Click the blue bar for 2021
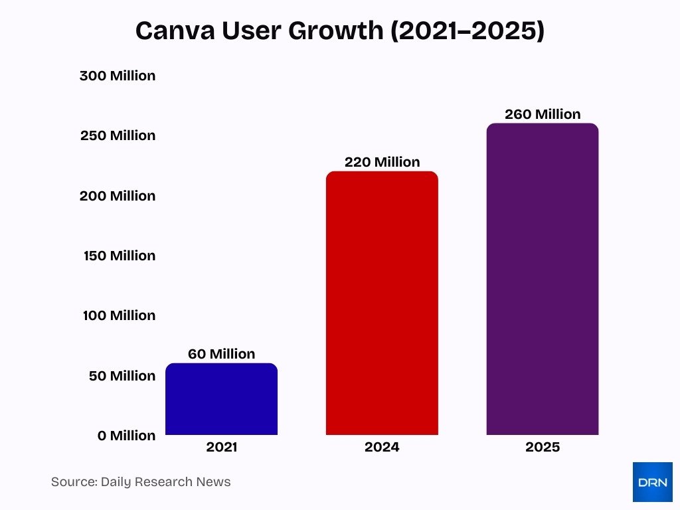pyautogui.click(x=221, y=399)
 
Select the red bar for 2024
pyautogui.click(x=382, y=303)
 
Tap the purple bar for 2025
pyautogui.click(x=543, y=280)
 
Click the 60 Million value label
pyautogui.click(x=221, y=354)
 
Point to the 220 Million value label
pyautogui.click(x=382, y=162)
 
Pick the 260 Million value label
pyautogui.click(x=543, y=114)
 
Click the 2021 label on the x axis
pyautogui.click(x=221, y=447)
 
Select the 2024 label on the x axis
pyautogui.click(x=382, y=447)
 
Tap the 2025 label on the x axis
pyautogui.click(x=543, y=447)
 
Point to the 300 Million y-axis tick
pyautogui.click(x=118, y=76)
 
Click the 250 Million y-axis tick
pyautogui.click(x=118, y=135)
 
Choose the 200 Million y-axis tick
pyautogui.click(x=118, y=196)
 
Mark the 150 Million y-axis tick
pyautogui.click(x=120, y=256)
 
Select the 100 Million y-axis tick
pyautogui.click(x=120, y=315)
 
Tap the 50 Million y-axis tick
pyautogui.click(x=122, y=376)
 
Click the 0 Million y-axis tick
pyautogui.click(x=126, y=436)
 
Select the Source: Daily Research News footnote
pyautogui.click(x=141, y=482)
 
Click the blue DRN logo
pyautogui.click(x=652, y=482)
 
